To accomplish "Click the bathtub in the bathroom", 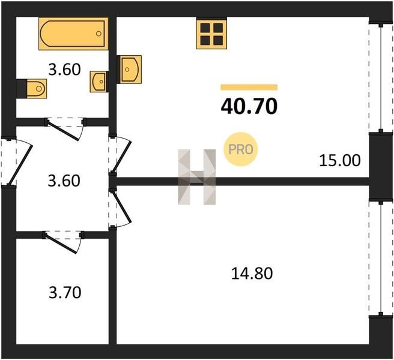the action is pos(73,34).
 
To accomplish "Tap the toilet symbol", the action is pos(36,89).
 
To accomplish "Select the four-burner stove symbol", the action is pos(211,34).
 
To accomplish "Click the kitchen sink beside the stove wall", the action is pos(131,70).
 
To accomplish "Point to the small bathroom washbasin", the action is pos(98,82).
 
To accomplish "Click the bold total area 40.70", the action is pos(249,106).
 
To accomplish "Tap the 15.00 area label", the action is pos(340,161).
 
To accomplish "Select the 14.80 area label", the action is pos(252,274).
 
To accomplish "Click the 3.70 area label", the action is pos(65,293).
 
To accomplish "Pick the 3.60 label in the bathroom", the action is pos(64,70).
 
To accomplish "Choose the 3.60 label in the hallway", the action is pos(64,181).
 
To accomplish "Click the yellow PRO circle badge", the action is pos(241,149).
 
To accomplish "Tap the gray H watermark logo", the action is pos(197,177).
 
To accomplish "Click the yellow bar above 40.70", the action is pos(249,87).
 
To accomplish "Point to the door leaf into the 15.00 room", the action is pos(122,157).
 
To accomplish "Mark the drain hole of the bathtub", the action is pos(98,34).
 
